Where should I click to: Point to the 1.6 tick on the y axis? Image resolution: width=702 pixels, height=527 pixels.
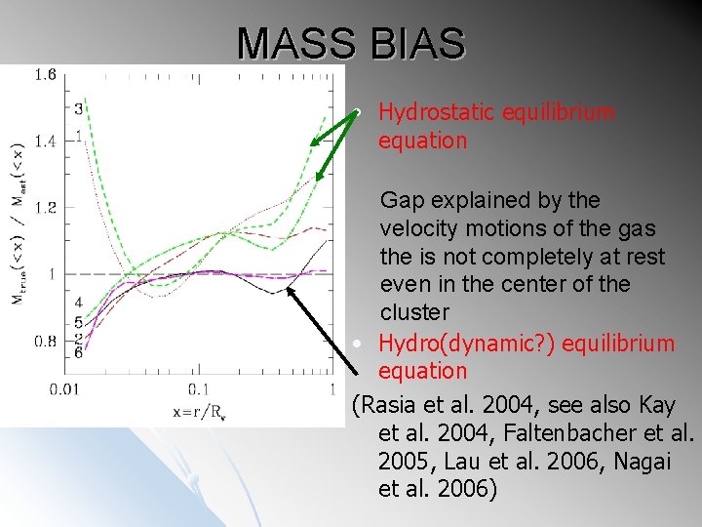[x=45, y=74]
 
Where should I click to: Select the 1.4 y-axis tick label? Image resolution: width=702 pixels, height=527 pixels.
[x=45, y=142]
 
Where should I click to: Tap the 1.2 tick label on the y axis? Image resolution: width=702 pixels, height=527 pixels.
[x=45, y=207]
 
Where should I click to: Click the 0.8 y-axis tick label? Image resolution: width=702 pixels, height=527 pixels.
[x=45, y=341]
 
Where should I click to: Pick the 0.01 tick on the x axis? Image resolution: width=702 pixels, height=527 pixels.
[x=65, y=390]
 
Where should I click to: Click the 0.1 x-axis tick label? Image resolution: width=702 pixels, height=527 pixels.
[x=199, y=390]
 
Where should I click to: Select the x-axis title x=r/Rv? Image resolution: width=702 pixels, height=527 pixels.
[x=201, y=412]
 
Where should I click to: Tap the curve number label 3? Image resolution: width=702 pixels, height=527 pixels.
[x=78, y=106]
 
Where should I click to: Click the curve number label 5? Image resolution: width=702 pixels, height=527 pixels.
[x=77, y=322]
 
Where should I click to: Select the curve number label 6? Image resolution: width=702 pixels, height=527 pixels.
[x=77, y=352]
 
